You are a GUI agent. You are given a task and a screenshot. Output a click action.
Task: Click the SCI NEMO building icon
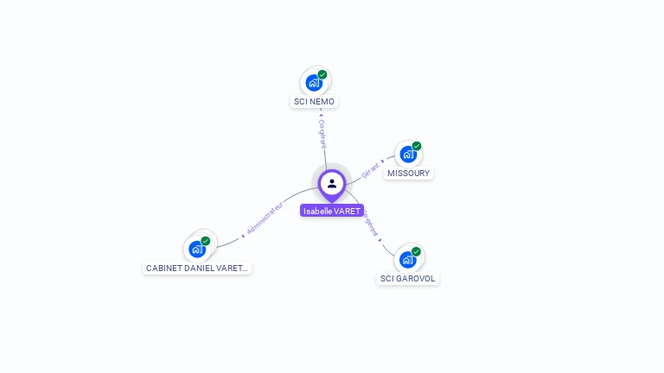(x=314, y=83)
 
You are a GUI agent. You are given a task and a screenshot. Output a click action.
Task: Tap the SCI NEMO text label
(x=314, y=102)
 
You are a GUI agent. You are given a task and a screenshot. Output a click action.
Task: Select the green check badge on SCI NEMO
(x=322, y=74)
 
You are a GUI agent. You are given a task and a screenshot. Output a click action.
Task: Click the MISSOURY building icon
(x=408, y=155)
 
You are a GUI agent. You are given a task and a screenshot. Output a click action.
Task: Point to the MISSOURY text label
(x=408, y=174)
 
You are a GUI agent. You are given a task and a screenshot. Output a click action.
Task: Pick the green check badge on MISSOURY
(x=417, y=146)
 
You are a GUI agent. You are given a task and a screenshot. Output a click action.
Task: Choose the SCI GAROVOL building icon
(x=408, y=259)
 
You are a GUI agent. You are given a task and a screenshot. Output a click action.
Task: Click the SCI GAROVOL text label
(x=408, y=279)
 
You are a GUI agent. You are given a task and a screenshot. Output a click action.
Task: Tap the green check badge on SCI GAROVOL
(x=417, y=251)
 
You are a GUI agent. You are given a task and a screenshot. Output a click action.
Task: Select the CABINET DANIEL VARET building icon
(x=197, y=250)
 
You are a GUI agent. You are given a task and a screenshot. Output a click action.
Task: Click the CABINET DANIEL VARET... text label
(x=197, y=269)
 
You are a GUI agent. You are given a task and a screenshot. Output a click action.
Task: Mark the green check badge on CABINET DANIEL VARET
(x=206, y=241)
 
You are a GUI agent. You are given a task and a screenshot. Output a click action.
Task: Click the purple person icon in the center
(x=332, y=183)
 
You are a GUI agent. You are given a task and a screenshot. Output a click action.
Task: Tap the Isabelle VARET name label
(x=332, y=211)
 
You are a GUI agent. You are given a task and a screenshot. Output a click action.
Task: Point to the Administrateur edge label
(x=265, y=218)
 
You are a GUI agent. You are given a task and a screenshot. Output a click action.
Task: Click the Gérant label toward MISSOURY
(x=371, y=168)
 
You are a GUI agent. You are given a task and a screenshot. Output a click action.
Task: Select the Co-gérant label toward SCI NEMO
(x=322, y=134)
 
